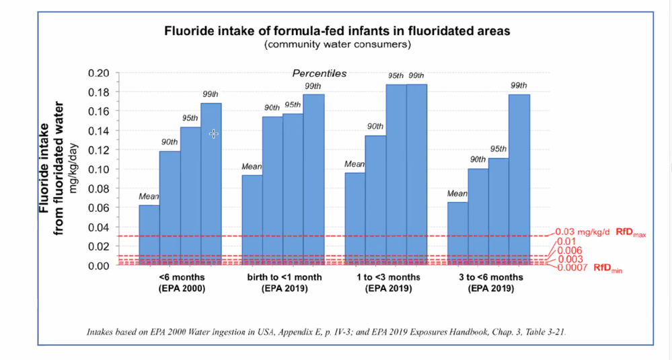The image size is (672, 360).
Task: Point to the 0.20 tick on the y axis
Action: pyautogui.click(x=98, y=73)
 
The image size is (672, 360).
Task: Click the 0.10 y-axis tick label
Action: pyautogui.click(x=98, y=169)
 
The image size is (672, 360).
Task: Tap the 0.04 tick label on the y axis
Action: pyautogui.click(x=98, y=227)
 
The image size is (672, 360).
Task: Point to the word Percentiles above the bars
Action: pyautogui.click(x=319, y=73)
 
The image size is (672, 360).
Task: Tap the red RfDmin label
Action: pyautogui.click(x=608, y=268)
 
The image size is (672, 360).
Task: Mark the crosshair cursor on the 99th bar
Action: pyautogui.click(x=213, y=134)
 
